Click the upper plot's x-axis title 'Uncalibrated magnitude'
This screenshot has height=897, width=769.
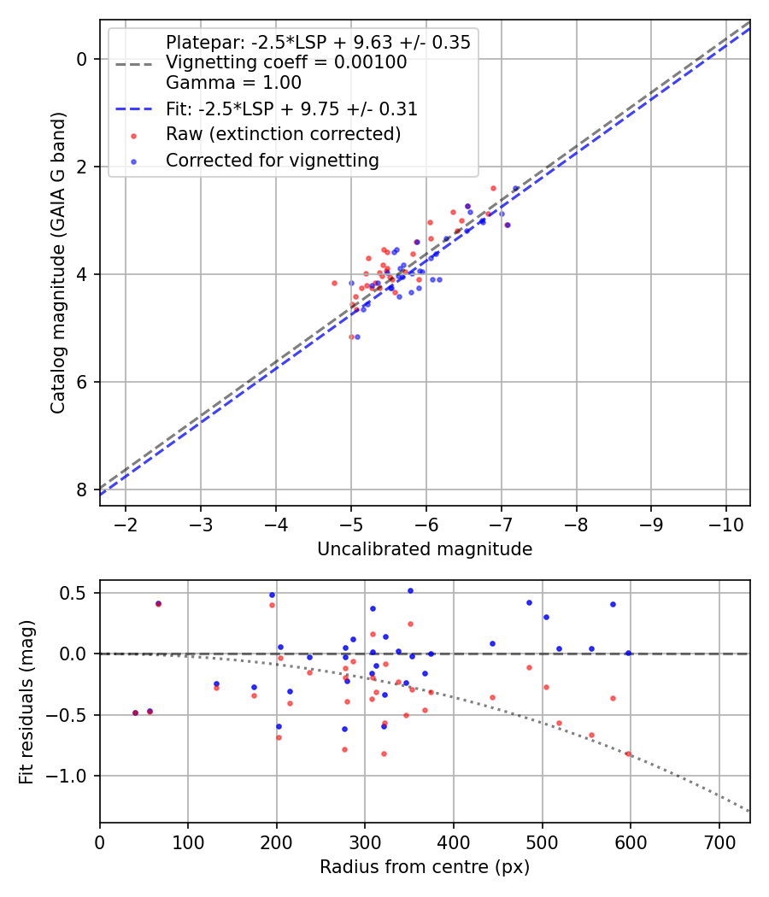coord(425,549)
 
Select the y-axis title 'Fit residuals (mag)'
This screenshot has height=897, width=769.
coord(26,701)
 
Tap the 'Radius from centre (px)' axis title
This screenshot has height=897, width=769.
coord(425,867)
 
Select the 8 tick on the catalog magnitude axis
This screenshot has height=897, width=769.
coord(81,490)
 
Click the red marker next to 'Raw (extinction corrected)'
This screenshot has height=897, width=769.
coord(133,135)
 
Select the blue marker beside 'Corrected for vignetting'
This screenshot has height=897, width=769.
coord(133,161)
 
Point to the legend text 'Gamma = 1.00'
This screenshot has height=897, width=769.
coord(233,84)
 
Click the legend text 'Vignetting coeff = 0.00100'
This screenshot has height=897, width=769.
coord(286,63)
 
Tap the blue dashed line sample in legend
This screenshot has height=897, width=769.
coord(133,109)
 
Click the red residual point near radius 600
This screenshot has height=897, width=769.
coord(628,753)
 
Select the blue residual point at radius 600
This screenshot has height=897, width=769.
coord(628,653)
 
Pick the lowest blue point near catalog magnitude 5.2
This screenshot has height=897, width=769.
coord(357,337)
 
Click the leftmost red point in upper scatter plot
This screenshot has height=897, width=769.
coord(334,283)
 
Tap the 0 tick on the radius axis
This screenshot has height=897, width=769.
coord(100,841)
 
